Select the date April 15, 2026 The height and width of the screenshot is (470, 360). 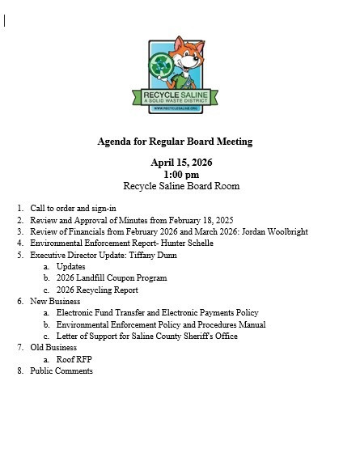click(180, 163)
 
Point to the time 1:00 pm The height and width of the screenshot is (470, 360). click(180, 174)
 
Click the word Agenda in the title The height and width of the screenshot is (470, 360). click(113, 142)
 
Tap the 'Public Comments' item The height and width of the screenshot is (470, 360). click(61, 371)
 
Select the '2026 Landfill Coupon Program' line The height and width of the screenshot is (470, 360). click(111, 278)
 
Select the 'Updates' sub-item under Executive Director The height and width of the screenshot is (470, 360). click(70, 266)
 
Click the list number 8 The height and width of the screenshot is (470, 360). click(20, 371)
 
